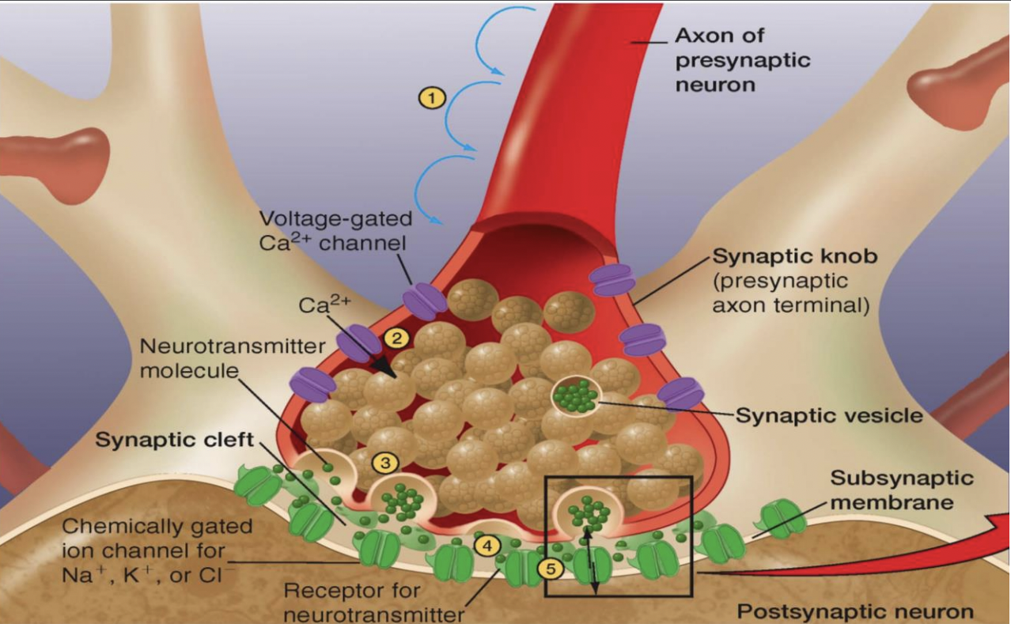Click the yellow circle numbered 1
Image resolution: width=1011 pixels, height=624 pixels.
point(432,97)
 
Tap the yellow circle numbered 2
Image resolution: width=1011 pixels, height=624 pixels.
point(396,338)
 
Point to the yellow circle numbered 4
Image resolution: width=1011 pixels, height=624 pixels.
point(487,545)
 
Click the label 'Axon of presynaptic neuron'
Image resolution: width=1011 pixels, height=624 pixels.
point(742,59)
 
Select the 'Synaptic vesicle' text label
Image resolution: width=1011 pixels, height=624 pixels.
point(829,414)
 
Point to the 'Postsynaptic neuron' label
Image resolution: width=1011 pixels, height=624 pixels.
point(855,611)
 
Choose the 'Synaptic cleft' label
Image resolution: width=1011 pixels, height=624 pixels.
point(175,440)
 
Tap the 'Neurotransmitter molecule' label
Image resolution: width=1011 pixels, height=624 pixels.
point(232,358)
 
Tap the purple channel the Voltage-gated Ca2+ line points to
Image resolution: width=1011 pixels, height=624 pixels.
point(426,301)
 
